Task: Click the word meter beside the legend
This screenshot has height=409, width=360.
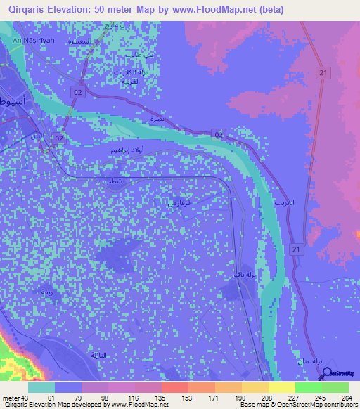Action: pos(11,398)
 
